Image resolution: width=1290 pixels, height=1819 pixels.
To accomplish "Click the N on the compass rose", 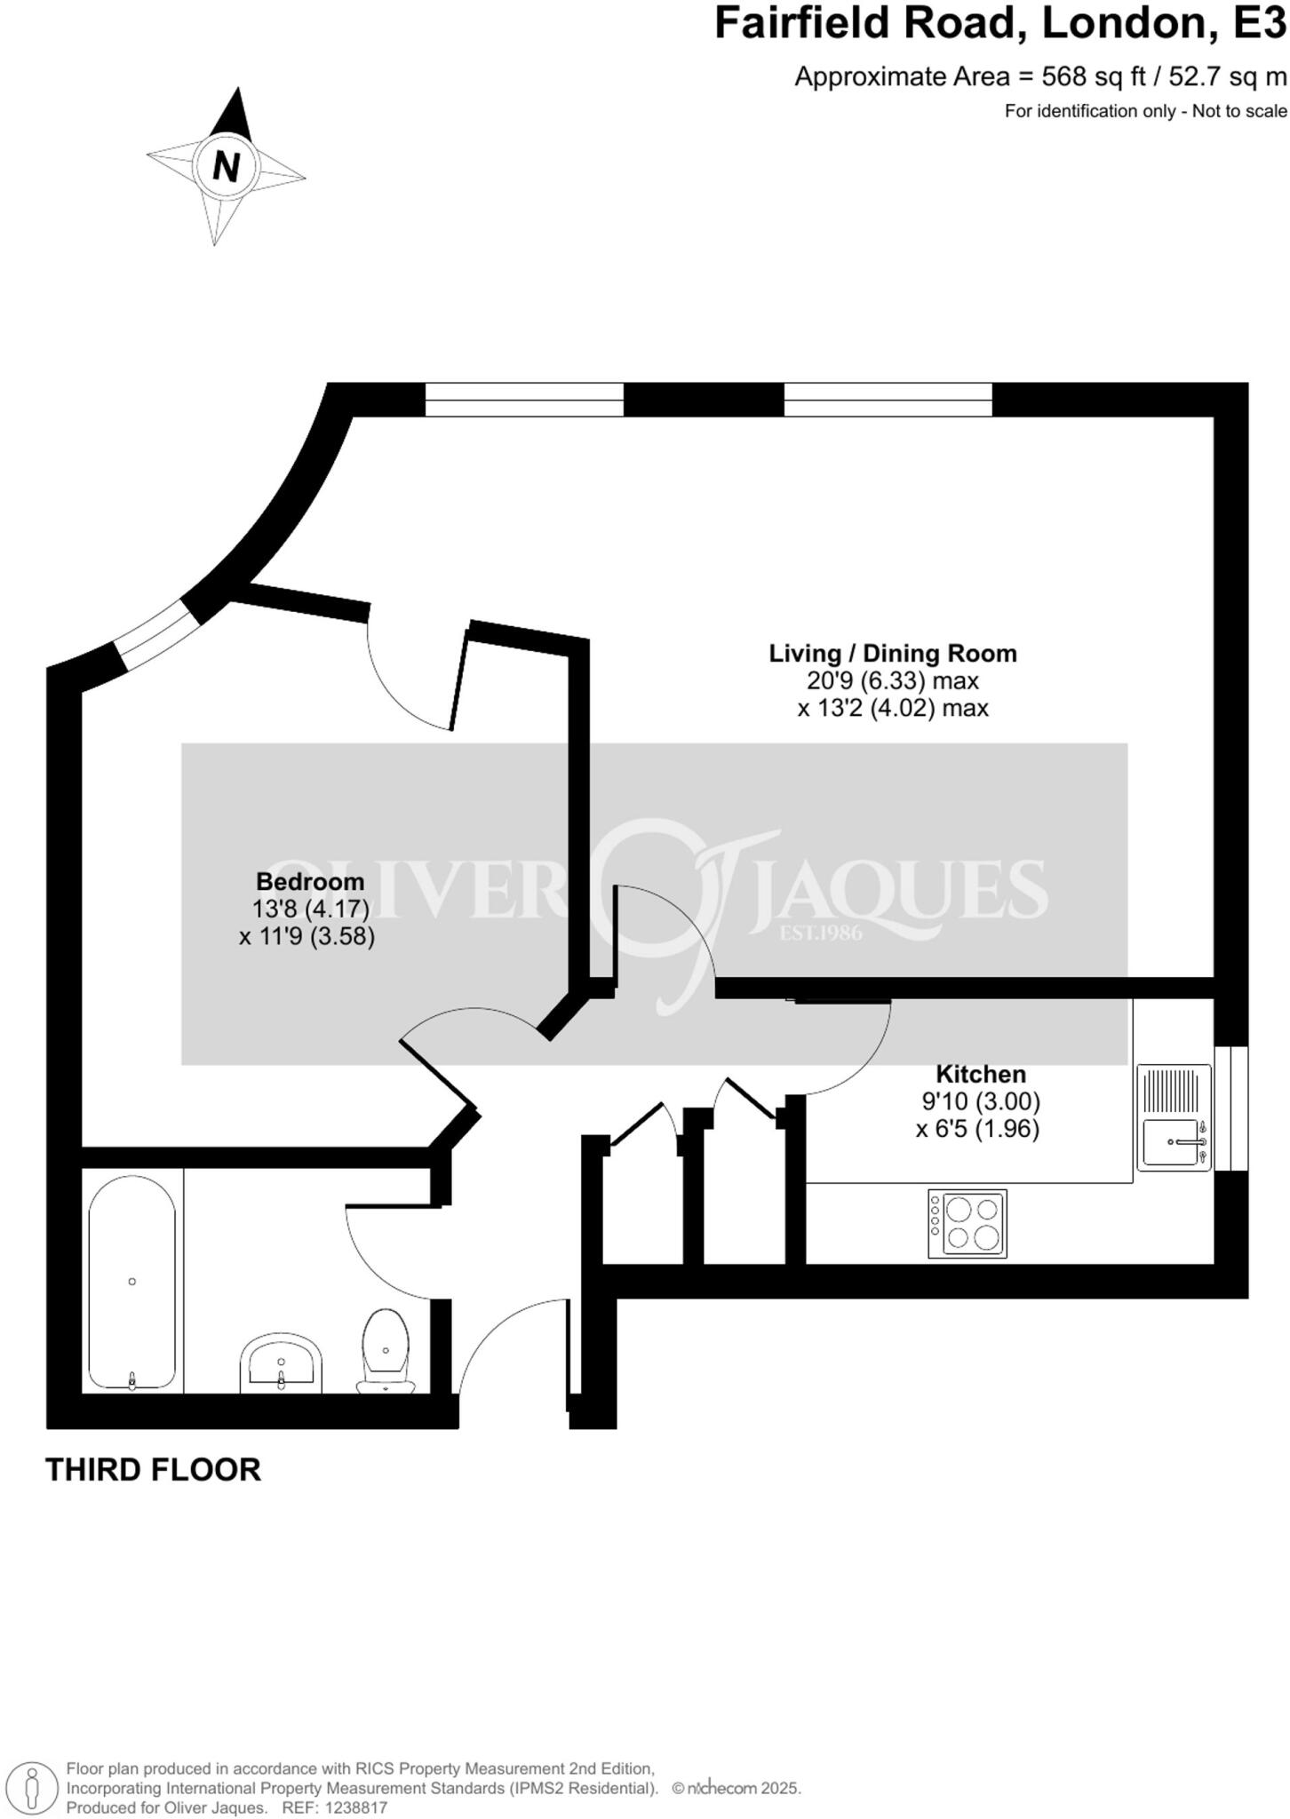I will coord(227,166).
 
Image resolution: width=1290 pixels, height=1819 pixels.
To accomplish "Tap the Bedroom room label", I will coord(310,881).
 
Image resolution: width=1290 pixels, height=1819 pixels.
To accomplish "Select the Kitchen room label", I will coord(981,1073).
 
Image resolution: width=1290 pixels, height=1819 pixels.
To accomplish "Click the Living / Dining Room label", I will coord(892,653).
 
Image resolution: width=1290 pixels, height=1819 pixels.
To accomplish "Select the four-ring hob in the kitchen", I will coord(967,1224).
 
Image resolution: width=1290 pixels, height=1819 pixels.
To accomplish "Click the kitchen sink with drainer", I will coord(1174,1118).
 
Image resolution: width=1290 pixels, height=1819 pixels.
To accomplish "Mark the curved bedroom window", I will coord(153,634).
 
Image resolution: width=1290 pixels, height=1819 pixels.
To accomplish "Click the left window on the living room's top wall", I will coord(524,400).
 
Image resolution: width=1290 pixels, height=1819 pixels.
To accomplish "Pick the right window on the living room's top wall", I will coord(888,400).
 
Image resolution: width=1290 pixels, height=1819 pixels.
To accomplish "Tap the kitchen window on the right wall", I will coord(1230,1108).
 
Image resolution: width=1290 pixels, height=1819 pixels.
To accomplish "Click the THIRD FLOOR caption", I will coord(153,1470).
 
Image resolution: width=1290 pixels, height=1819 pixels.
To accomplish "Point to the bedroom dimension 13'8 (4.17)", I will coord(310,909).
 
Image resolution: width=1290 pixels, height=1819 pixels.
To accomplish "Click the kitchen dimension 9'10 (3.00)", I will coord(981,1101).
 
